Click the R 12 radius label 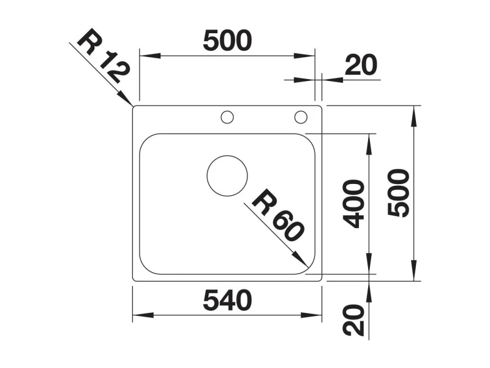(x=103, y=56)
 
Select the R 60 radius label (x=277, y=215)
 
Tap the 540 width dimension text (x=227, y=301)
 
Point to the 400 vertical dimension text (x=353, y=204)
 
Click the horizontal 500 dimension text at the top (x=227, y=40)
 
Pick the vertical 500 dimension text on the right (x=398, y=193)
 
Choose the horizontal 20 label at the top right (x=361, y=65)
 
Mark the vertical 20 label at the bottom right (x=353, y=320)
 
